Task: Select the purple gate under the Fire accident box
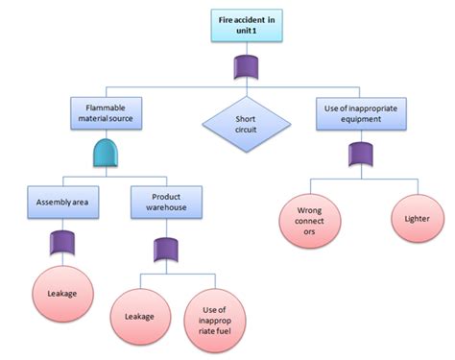247,67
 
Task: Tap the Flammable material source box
108,114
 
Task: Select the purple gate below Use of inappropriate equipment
360,154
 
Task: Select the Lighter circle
410,220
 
